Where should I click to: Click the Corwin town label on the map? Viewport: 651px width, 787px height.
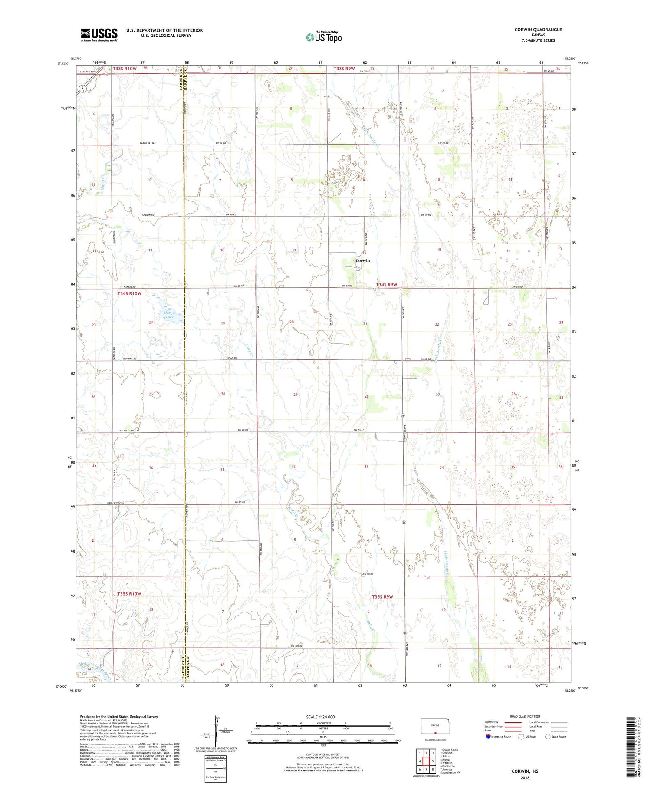coord(362,260)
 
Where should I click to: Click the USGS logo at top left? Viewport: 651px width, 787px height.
coord(99,35)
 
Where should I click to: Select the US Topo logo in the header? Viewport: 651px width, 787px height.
coord(323,37)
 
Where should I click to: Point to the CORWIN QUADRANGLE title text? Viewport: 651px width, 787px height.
coord(538,30)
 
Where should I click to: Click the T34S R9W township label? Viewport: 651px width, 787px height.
coord(386,285)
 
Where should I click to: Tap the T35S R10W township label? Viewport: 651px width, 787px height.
coord(129,593)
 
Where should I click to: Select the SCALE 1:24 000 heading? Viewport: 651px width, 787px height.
coord(321,717)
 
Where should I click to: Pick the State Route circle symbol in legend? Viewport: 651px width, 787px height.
coord(548,737)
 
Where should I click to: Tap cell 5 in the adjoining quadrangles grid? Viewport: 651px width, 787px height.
coord(433,761)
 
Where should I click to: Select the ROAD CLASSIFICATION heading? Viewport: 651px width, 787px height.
coord(525,717)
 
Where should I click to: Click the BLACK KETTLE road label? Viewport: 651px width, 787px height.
coord(147,143)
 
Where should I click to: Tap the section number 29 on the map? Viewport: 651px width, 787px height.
coord(296,395)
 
